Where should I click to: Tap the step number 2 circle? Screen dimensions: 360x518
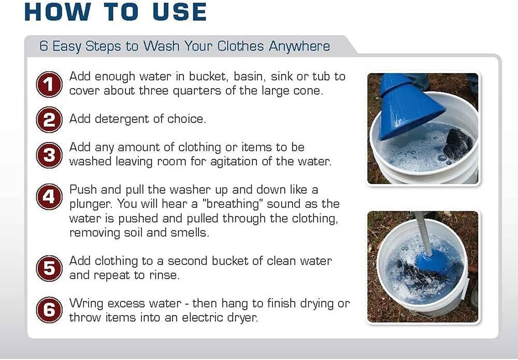tap(49, 120)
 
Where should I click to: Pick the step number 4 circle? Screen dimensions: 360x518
tap(49, 197)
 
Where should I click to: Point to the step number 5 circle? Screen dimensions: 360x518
tap(49, 269)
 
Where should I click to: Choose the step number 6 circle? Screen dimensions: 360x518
tap(49, 310)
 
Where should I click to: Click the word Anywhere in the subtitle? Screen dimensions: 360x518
tap(299, 46)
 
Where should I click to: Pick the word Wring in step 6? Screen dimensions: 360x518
tap(85, 304)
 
